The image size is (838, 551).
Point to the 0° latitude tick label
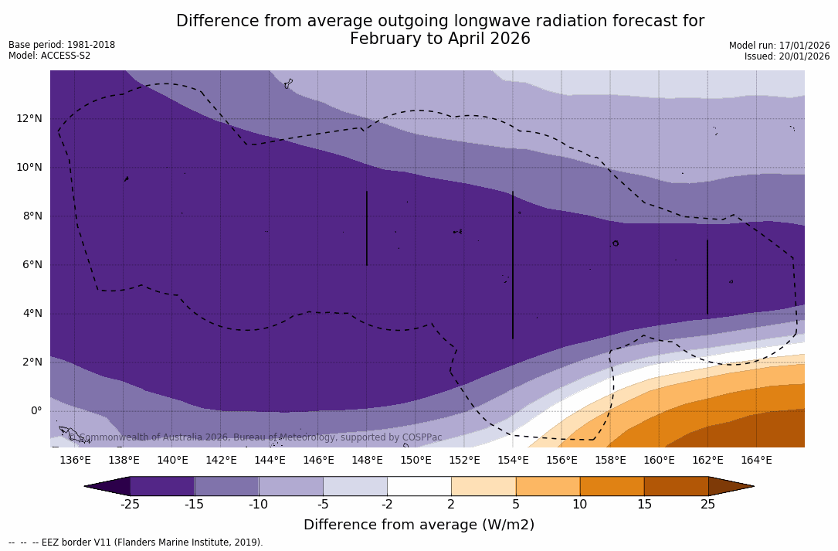tap(36, 410)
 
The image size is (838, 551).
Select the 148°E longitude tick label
tap(367, 461)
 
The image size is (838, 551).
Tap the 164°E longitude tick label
tap(756, 461)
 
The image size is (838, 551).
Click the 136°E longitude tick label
tap(75, 461)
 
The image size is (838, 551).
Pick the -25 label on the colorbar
tap(130, 505)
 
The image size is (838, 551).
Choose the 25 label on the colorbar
tap(707, 505)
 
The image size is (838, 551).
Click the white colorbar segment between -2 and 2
tap(419, 486)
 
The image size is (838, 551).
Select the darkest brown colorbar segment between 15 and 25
tap(676, 486)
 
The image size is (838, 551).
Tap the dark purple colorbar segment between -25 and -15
tap(162, 486)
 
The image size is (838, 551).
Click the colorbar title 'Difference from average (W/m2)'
tap(419, 525)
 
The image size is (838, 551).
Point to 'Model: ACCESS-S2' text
tap(49, 56)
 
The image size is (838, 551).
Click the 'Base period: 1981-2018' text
tap(62, 45)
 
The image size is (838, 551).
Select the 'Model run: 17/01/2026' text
tap(779, 46)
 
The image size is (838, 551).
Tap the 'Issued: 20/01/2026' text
tap(787, 56)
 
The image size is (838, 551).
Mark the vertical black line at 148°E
tap(367, 228)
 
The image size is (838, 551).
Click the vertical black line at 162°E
tap(707, 277)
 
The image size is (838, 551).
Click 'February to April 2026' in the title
tap(440, 39)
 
